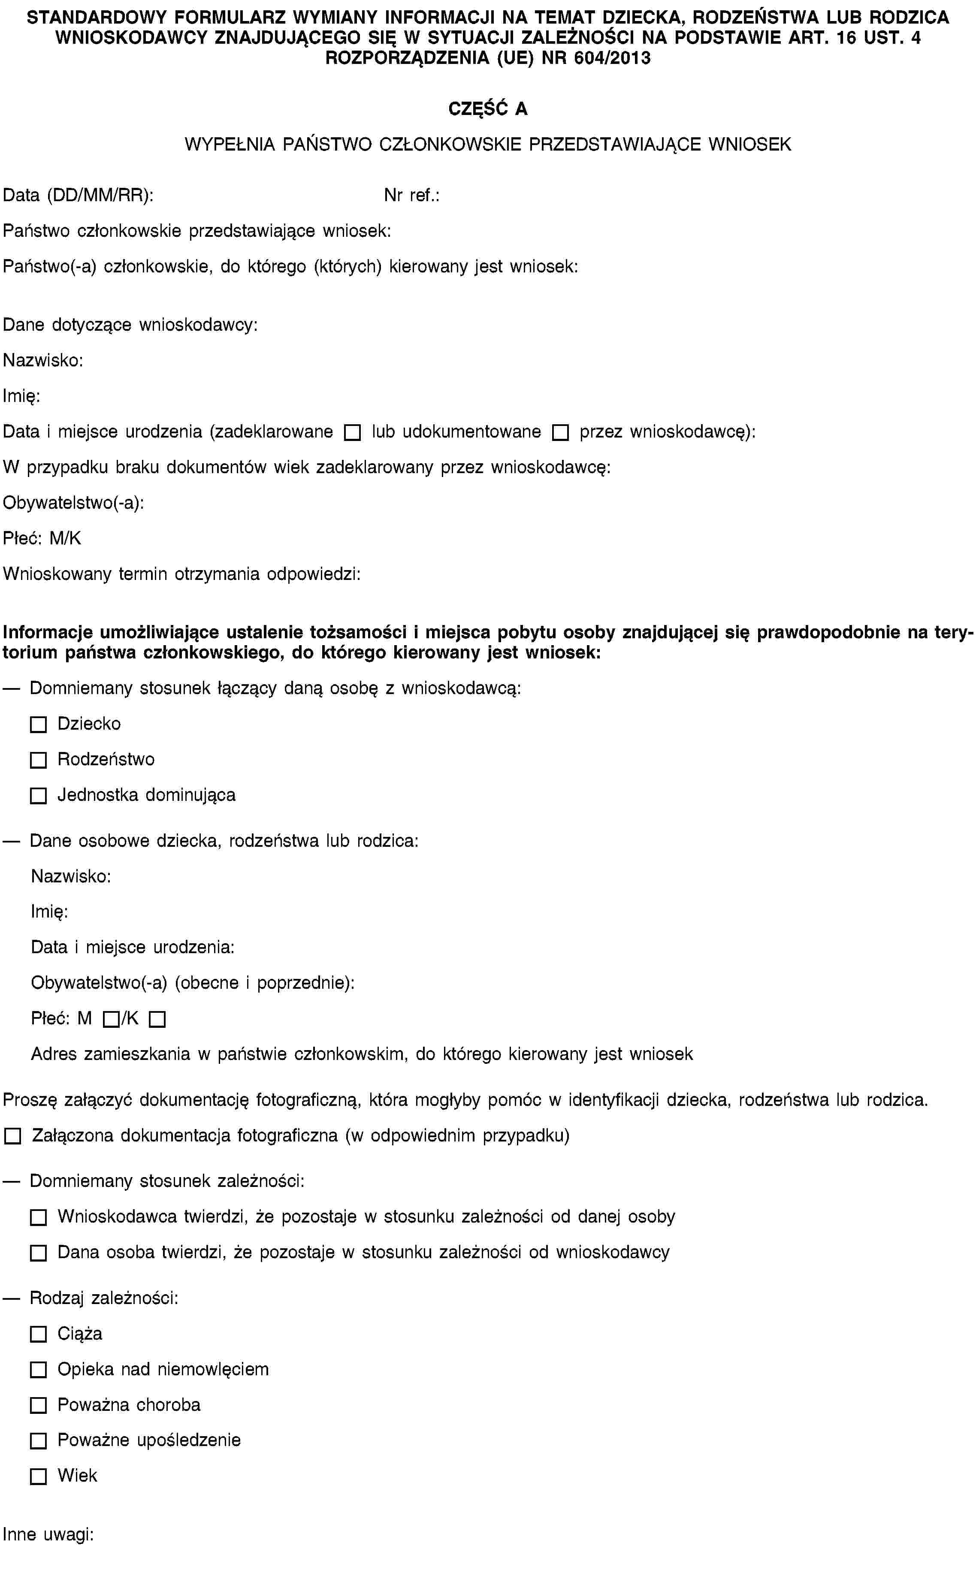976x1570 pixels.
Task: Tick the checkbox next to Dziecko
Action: click(38, 725)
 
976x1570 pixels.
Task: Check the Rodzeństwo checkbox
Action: click(38, 760)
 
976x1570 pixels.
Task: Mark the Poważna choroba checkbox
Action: click(38, 1405)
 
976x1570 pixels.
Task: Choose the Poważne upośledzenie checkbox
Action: click(38, 1440)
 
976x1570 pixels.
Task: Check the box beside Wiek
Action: click(38, 1476)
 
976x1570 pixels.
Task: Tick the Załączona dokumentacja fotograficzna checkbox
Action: click(12, 1136)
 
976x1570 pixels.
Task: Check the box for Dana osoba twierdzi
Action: click(38, 1253)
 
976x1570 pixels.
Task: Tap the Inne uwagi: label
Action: click(48, 1534)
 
